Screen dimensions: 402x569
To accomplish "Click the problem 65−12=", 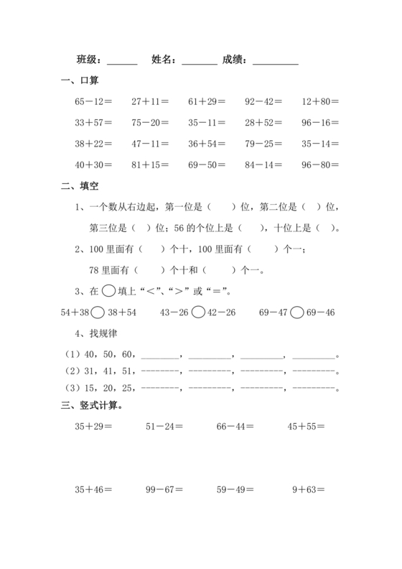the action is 93,102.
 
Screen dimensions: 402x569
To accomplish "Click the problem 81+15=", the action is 150,165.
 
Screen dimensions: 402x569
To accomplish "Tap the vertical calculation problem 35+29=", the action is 93,427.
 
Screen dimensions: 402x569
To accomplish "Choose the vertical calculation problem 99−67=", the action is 164,490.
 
